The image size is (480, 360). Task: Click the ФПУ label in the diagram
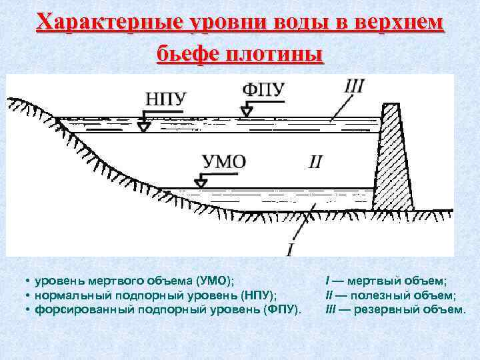pyautogui.click(x=265, y=89)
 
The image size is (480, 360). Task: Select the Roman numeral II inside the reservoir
pyautogui.click(x=316, y=161)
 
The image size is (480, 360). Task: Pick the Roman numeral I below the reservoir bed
pyautogui.click(x=290, y=249)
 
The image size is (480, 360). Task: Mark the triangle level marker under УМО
pyautogui.click(x=199, y=181)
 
